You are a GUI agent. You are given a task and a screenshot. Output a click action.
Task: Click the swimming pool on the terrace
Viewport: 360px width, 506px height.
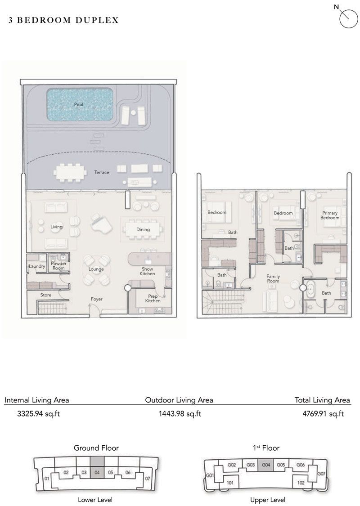pyautogui.click(x=79, y=104)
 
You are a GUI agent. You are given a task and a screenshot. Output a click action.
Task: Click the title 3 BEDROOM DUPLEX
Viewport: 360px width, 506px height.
pyautogui.click(x=63, y=20)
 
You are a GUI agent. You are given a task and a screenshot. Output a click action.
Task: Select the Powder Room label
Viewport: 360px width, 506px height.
pyautogui.click(x=58, y=266)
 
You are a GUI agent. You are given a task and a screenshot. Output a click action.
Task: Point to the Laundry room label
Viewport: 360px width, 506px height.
pyautogui.click(x=37, y=266)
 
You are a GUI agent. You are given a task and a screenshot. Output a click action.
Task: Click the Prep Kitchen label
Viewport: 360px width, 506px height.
pyautogui.click(x=153, y=299)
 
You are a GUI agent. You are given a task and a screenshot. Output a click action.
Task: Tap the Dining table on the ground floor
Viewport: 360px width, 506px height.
pyautogui.click(x=143, y=229)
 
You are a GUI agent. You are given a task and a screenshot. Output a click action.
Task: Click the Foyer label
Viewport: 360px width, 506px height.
pyautogui.click(x=96, y=299)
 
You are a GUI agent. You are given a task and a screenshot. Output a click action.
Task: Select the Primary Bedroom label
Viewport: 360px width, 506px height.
pyautogui.click(x=330, y=215)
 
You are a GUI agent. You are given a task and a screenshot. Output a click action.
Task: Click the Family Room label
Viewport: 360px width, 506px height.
pyautogui.click(x=273, y=279)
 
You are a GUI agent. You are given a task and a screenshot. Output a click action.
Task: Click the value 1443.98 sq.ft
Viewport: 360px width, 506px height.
pyautogui.click(x=180, y=414)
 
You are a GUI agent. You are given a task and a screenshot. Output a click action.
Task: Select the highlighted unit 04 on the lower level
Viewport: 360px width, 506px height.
pyautogui.click(x=97, y=473)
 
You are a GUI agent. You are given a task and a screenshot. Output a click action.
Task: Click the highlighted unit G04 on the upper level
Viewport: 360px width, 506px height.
pyautogui.click(x=266, y=465)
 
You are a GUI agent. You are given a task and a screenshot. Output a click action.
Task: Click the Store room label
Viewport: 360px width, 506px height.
pyautogui.click(x=45, y=295)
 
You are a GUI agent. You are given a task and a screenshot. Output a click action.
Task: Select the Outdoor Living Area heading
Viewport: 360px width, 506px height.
pyautogui.click(x=179, y=400)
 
